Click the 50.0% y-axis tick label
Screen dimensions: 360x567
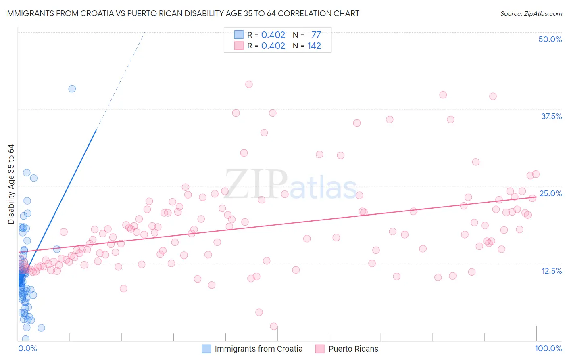tap(550, 39)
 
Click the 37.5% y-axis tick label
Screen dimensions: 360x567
tap(551, 116)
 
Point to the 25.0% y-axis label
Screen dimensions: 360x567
tap(550, 193)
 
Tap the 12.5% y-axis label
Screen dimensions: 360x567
tap(551, 271)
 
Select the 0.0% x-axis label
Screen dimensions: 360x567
tap(27, 348)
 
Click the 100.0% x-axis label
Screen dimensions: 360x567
tap(548, 348)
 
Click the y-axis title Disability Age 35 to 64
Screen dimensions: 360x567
tap(11, 184)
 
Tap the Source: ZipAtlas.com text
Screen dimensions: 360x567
tap(531, 13)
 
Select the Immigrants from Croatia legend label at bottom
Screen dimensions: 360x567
tap(258, 349)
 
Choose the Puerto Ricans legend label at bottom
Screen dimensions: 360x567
tap(353, 349)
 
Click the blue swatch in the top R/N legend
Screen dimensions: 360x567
tap(239, 35)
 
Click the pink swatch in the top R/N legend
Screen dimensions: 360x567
tap(239, 46)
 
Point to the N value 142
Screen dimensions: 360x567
tap(314, 46)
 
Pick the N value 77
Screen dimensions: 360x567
tap(316, 35)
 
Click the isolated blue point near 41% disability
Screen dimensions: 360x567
tap(72, 89)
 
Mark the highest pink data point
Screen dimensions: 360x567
tap(249, 84)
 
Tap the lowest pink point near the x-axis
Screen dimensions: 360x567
tap(273, 327)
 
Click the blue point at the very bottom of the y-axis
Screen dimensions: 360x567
tap(26, 339)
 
